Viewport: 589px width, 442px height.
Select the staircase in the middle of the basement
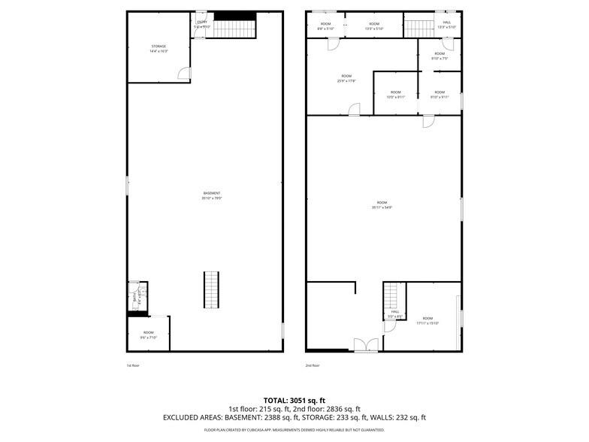pos(211,289)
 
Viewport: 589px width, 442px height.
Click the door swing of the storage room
pos(183,73)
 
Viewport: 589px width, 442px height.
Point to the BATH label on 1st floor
pos(135,298)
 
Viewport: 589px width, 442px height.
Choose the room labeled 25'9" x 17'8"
pos(346,78)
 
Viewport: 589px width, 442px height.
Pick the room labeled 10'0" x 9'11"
pos(395,95)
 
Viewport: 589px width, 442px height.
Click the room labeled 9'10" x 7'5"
pos(439,56)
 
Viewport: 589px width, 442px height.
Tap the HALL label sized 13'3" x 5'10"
pos(446,25)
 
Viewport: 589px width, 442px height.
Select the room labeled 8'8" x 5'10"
pos(325,26)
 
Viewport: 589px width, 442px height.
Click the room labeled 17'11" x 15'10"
pos(427,321)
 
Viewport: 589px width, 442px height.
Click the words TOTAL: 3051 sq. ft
pos(294,400)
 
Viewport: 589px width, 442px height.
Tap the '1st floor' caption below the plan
pos(133,365)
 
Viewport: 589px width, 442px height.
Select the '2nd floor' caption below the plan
pos(313,365)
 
